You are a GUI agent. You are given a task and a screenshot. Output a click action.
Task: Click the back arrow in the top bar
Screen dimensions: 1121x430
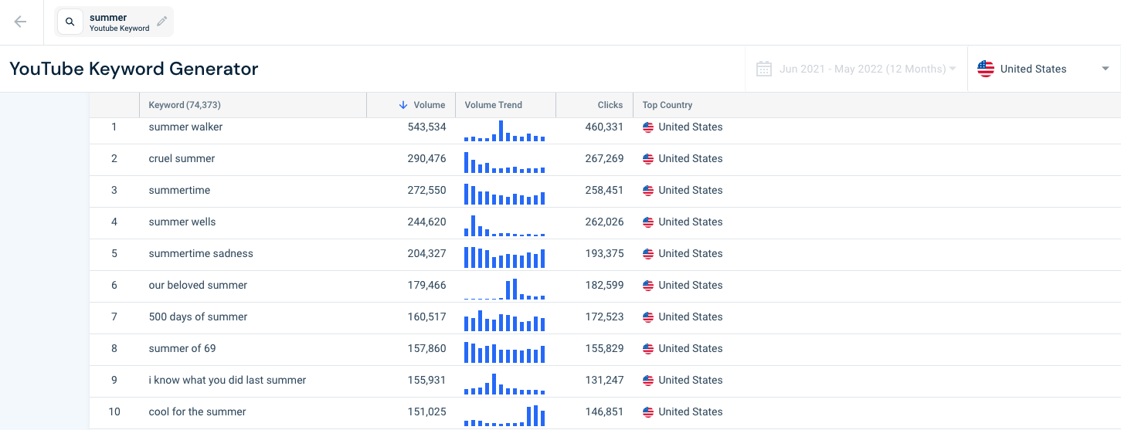tap(20, 22)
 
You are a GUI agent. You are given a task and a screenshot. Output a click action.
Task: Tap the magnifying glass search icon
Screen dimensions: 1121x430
tap(70, 22)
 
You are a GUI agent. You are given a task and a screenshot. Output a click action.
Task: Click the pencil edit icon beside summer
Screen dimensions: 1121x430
tap(161, 21)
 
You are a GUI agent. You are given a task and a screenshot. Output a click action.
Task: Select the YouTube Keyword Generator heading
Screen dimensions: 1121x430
tap(134, 69)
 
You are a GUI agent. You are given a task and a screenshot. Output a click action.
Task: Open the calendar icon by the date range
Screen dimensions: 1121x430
tap(763, 69)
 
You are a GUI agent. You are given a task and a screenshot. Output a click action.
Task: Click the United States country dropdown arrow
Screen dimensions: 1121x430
tap(1106, 69)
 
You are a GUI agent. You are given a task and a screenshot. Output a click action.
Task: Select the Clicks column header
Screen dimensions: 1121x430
tap(610, 105)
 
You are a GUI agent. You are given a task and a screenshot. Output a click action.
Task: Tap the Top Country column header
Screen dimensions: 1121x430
tap(667, 105)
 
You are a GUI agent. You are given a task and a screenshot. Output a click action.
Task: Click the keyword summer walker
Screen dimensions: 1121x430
tap(185, 127)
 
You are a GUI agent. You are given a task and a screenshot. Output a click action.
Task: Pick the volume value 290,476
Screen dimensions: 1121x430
tap(426, 158)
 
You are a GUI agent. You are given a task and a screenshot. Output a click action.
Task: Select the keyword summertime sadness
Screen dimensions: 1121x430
tap(201, 253)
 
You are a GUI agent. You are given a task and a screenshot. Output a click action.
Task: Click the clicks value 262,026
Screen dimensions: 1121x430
tap(605, 222)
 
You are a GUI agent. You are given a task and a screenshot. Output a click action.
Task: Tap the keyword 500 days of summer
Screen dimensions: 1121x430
tap(198, 317)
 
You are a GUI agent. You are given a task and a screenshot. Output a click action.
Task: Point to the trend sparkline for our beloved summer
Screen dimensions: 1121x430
tap(504, 289)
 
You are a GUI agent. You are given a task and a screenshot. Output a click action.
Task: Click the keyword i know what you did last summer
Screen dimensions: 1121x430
tap(227, 380)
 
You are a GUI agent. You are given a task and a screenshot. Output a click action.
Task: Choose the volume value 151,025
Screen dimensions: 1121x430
tap(426, 412)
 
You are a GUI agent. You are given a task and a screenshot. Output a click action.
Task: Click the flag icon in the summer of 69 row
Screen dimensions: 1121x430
tap(648, 348)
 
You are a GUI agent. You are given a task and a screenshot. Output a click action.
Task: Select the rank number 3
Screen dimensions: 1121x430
tap(114, 191)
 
